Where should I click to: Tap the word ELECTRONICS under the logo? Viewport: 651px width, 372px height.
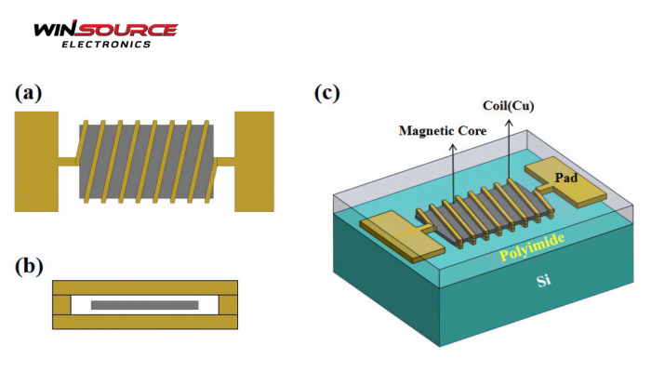pyautogui.click(x=105, y=44)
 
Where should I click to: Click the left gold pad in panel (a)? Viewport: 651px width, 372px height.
pyautogui.click(x=34, y=160)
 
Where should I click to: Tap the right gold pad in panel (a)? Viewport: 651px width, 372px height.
pyautogui.click(x=254, y=160)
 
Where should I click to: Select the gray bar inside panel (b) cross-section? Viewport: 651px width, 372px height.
pyautogui.click(x=144, y=304)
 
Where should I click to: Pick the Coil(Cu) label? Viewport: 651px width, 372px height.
pyautogui.click(x=508, y=105)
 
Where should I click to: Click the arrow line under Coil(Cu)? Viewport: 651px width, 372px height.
pyautogui.click(x=509, y=149)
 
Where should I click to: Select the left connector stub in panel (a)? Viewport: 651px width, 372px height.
pyautogui.click(x=66, y=161)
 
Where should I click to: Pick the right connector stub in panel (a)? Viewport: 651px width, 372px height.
pyautogui.click(x=224, y=161)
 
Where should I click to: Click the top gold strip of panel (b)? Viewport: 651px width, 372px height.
pyautogui.click(x=144, y=286)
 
